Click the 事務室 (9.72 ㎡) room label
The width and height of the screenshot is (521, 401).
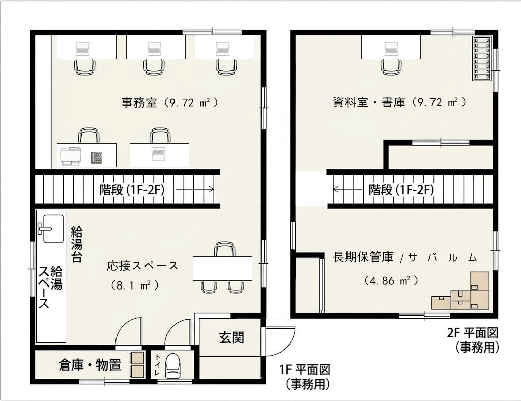click(x=170, y=102)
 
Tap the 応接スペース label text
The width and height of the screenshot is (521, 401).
click(x=142, y=266)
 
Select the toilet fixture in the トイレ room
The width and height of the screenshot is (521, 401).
click(x=173, y=365)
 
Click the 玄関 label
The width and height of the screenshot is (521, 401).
click(x=231, y=337)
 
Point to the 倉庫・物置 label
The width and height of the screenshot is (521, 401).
click(x=90, y=365)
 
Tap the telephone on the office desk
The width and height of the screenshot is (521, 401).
click(x=97, y=157)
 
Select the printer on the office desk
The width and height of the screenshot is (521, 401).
click(x=71, y=156)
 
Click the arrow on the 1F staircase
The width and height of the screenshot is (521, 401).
click(x=195, y=189)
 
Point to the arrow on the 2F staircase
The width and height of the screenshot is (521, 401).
click(x=348, y=189)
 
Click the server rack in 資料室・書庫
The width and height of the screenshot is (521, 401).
click(x=482, y=59)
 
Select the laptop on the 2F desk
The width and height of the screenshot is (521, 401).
click(x=391, y=48)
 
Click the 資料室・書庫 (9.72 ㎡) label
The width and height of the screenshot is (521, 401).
click(x=399, y=102)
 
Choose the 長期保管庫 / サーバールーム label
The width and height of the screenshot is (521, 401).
click(x=405, y=257)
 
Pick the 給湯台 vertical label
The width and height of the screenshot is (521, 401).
click(x=77, y=244)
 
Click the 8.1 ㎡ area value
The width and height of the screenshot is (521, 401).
click(x=134, y=285)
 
